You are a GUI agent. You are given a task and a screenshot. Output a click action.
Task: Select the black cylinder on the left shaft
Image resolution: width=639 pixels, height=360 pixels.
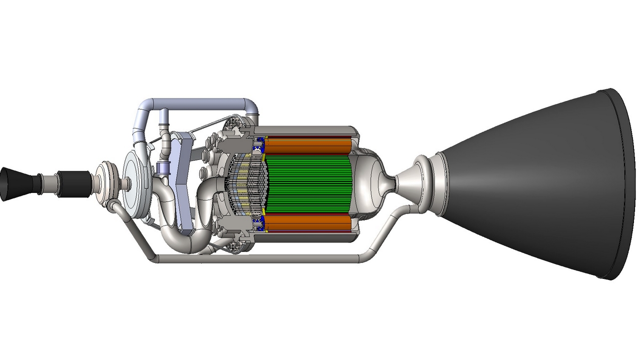(73, 183)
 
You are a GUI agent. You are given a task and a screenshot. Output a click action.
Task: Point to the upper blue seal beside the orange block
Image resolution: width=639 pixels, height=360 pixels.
(259, 145)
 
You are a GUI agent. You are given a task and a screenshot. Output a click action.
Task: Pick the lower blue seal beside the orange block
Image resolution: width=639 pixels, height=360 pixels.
(259, 223)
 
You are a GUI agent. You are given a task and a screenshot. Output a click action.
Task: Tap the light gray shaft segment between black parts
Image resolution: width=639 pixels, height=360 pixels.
(47, 183)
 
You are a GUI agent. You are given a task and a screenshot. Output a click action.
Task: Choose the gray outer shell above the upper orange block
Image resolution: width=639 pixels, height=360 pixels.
(310, 131)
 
